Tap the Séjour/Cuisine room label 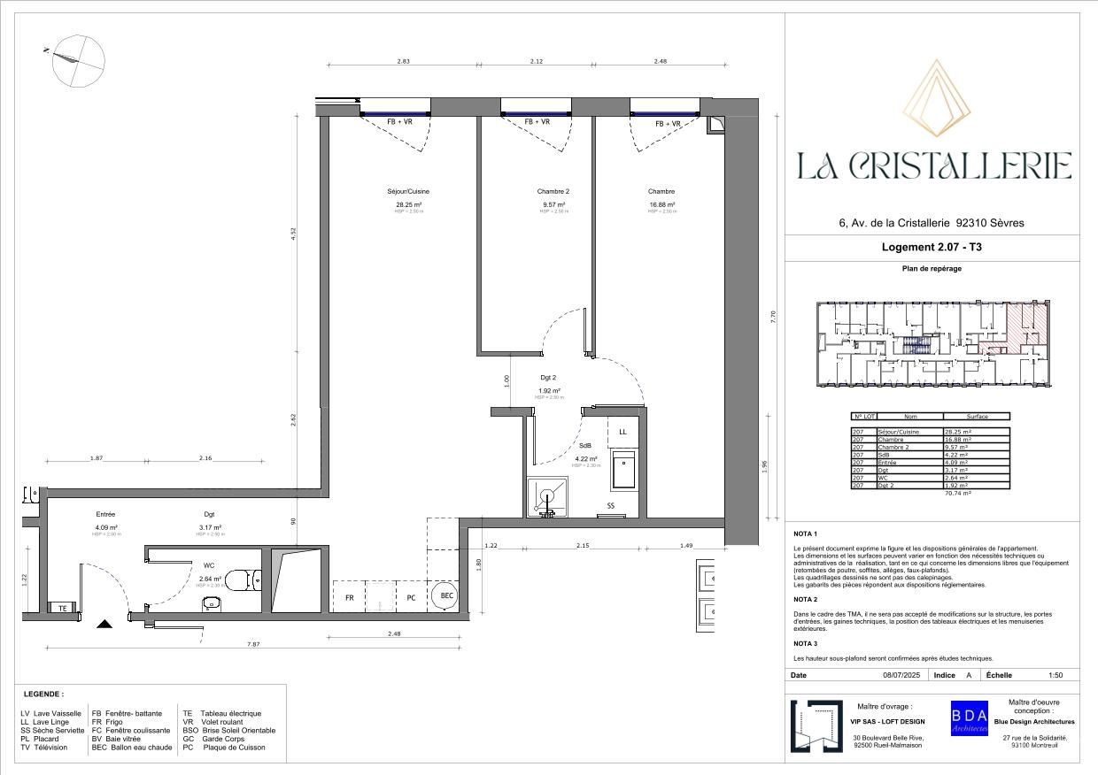click(x=408, y=191)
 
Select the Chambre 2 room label click(x=553, y=191)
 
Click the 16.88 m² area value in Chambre click(x=661, y=204)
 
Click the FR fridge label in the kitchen click(x=350, y=598)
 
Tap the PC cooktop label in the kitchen click(x=411, y=598)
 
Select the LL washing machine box click(x=623, y=431)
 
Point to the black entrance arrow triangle click(x=104, y=624)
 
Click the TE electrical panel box click(x=62, y=608)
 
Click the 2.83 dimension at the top click(x=403, y=61)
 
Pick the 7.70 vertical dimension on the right click(x=773, y=316)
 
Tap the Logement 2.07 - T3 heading click(x=933, y=248)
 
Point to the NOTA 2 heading click(x=806, y=599)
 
